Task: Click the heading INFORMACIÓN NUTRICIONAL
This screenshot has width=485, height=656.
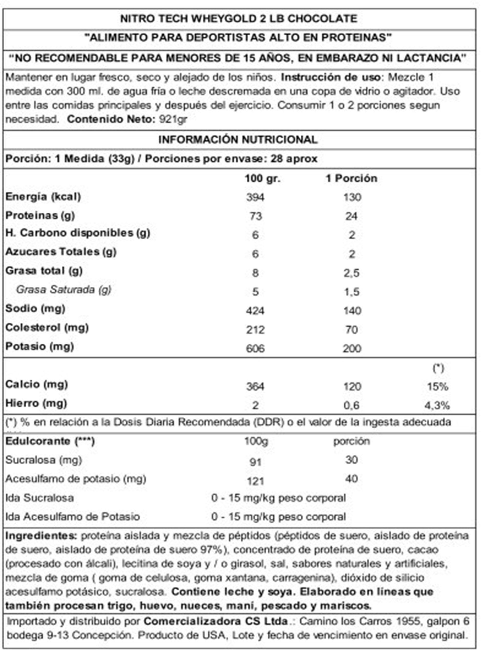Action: tap(238, 140)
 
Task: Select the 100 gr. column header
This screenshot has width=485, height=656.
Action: tap(262, 178)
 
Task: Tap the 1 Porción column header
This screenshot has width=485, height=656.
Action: tap(351, 178)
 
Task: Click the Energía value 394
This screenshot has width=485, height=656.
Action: tap(255, 197)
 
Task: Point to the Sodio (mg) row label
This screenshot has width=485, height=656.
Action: tap(35, 309)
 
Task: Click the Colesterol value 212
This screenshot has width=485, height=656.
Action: tap(255, 330)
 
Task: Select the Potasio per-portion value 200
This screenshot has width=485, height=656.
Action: tap(352, 348)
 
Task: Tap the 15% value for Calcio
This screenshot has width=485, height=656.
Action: tap(437, 387)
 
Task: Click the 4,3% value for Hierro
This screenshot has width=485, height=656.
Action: tap(437, 406)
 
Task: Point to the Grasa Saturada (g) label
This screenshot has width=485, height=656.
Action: tap(64, 290)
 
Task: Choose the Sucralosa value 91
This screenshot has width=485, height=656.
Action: tap(255, 462)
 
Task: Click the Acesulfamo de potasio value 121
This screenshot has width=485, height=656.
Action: tap(255, 481)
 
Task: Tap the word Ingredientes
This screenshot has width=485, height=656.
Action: tap(41, 536)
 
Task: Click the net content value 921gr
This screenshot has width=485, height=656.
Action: tap(173, 119)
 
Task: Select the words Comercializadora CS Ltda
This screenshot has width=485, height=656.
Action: tap(216, 621)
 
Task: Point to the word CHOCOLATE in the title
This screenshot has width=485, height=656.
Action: tap(322, 19)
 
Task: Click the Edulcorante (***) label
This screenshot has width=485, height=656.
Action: tap(50, 441)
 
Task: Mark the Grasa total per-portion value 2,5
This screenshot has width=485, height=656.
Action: tap(351, 273)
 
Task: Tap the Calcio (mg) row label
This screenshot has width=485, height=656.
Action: tap(37, 384)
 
